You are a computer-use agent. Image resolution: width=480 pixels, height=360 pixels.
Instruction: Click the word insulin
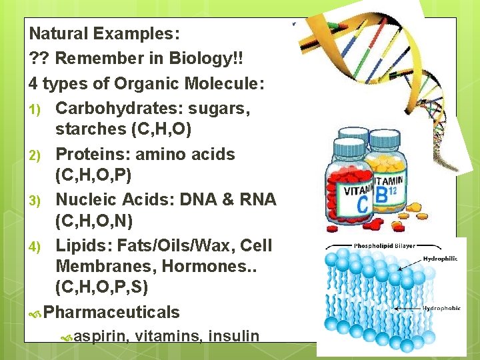tap(233, 335)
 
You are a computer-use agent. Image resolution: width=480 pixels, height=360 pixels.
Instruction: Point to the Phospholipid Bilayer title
tap(382, 245)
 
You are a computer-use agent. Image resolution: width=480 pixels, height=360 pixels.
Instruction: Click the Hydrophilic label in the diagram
tap(439, 259)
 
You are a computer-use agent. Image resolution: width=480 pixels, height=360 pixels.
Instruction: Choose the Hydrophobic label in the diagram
tap(439, 309)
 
